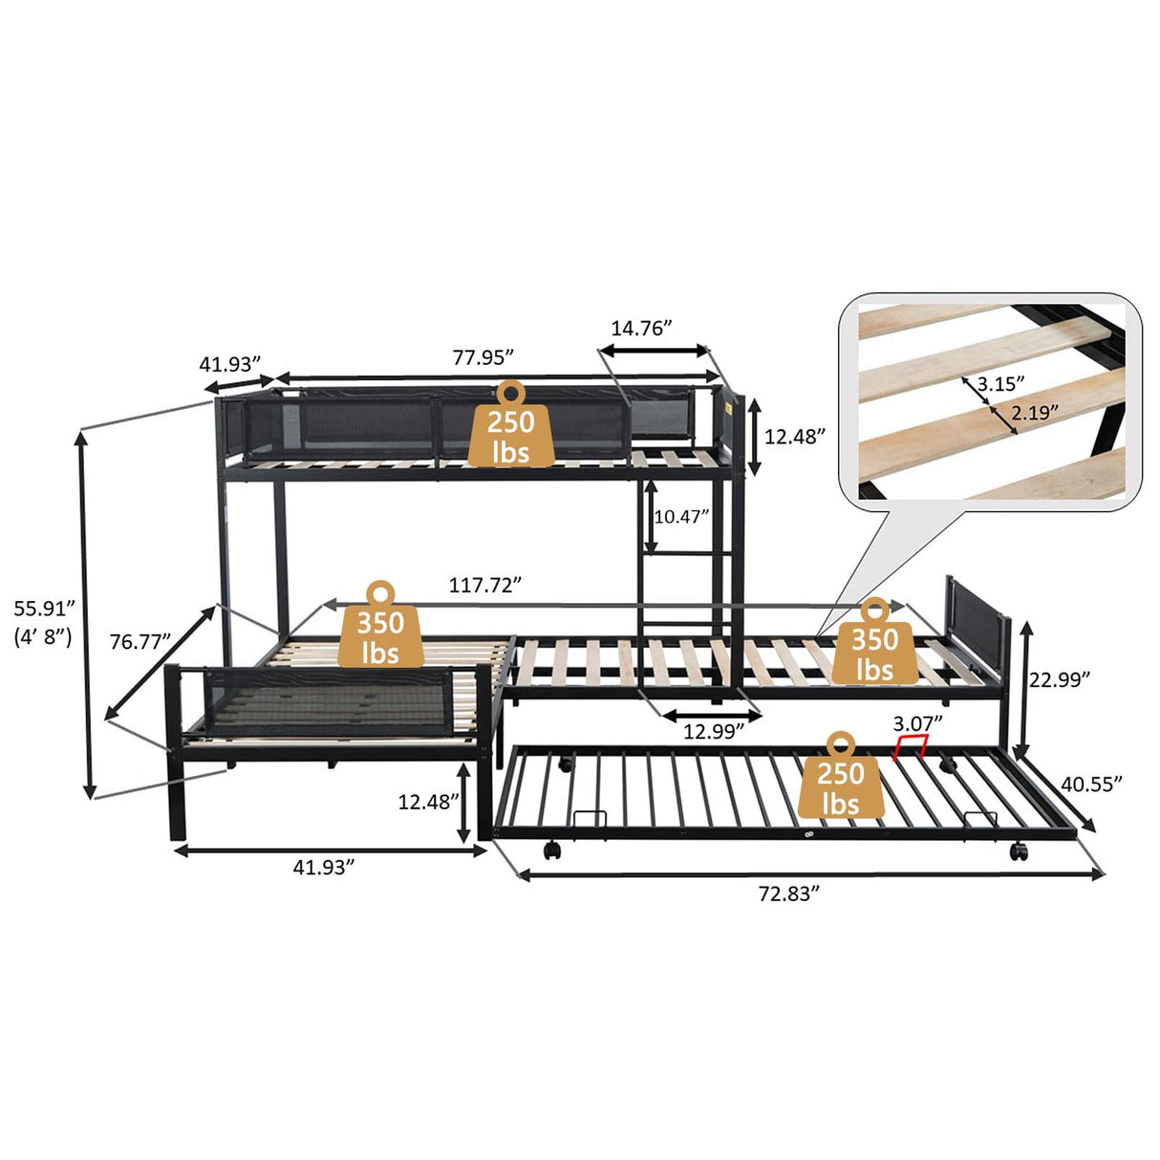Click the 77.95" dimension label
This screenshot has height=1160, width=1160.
483,356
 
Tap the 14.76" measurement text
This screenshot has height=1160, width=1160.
641,328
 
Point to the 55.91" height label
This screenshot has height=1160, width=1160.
44,608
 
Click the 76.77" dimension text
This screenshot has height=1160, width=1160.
140,642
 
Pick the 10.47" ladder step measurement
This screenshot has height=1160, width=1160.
681,517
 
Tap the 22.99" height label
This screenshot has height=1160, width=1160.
1060,678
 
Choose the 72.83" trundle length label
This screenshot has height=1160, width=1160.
789,893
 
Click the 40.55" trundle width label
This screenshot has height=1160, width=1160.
1091,783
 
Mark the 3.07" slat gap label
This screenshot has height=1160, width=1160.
917,720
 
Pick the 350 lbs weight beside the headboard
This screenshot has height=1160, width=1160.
873,644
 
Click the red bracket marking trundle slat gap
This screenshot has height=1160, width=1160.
911,746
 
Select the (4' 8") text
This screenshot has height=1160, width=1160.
44,637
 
